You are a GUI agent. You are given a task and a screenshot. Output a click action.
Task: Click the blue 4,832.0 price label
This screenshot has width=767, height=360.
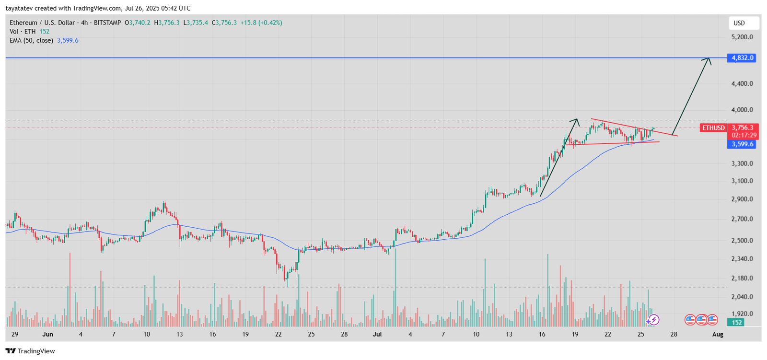click(x=743, y=58)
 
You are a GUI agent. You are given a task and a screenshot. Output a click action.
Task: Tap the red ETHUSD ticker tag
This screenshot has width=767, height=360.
click(x=713, y=128)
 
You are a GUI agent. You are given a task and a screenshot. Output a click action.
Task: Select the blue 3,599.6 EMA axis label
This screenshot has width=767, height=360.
click(x=742, y=144)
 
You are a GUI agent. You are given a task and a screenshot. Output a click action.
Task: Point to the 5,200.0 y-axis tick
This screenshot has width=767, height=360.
click(x=742, y=37)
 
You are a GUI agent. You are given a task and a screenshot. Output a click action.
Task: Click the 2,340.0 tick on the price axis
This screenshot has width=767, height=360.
click(x=742, y=259)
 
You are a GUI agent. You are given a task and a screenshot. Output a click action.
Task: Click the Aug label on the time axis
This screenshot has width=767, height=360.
click(x=718, y=334)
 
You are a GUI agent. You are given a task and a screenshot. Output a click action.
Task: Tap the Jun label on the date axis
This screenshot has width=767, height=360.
click(x=47, y=334)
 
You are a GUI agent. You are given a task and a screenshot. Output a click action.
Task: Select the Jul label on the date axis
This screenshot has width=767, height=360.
click(x=377, y=334)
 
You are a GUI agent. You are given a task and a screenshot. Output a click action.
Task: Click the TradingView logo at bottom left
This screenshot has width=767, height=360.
click(x=30, y=351)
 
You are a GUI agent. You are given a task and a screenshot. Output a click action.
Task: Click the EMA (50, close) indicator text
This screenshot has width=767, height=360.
click(x=31, y=41)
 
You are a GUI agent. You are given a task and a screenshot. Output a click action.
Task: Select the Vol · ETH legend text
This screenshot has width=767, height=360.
click(x=23, y=32)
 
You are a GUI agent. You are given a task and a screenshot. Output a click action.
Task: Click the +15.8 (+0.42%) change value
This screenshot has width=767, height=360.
click(x=261, y=23)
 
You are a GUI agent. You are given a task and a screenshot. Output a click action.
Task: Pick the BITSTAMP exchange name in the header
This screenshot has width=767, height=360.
click(x=107, y=23)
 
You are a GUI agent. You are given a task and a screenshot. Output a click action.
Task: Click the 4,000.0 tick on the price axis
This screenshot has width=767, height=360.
click(x=742, y=110)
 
